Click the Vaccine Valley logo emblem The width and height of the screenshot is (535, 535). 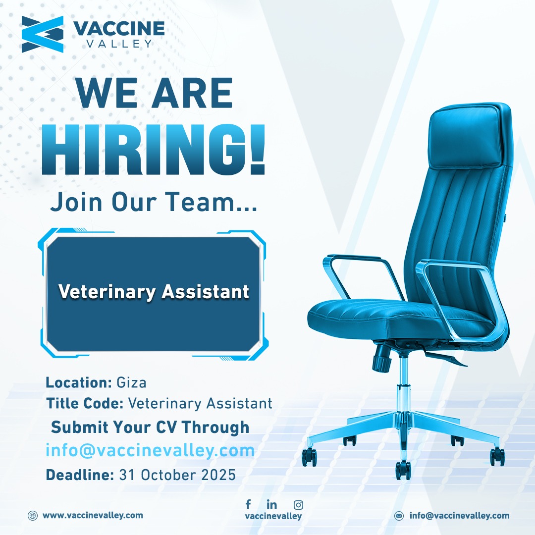pos(42,34)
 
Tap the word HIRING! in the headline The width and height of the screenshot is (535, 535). pos(153,150)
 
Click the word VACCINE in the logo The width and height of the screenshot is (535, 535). pos(119,28)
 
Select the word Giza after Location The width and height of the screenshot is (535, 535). pos(131,382)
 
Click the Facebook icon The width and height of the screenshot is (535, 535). pos(248,504)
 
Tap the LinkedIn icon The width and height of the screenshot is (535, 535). pos(271,504)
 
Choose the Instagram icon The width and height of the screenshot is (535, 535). pos(298,505)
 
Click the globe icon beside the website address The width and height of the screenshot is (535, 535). pos(32,515)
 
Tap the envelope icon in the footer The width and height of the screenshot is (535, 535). pos(399,516)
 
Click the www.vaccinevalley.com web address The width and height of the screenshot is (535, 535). pos(93,515)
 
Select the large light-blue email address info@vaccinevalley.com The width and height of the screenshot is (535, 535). pos(150,450)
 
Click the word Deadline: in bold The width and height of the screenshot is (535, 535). pos(80,475)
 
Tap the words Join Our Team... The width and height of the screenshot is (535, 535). pos(154,202)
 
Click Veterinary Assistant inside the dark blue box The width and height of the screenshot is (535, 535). pos(154,292)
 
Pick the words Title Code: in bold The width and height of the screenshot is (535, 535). pos(85,403)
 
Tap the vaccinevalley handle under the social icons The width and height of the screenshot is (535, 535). pos(273,516)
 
